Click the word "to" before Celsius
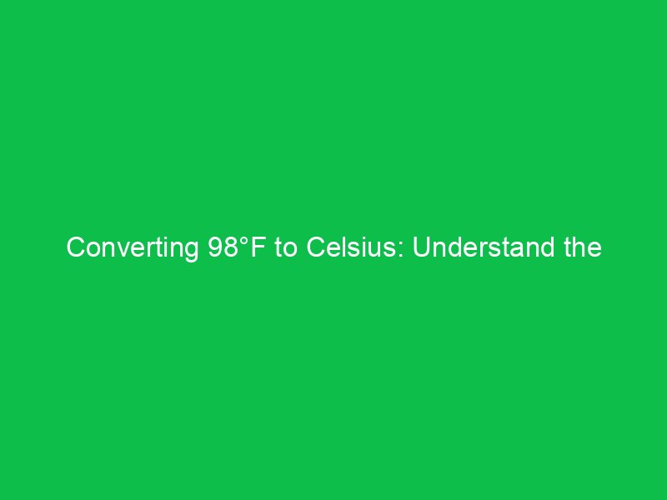click(x=283, y=248)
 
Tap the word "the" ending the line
click(x=583, y=248)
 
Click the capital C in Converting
click(x=75, y=248)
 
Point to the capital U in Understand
click(x=420, y=248)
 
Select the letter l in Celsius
click(x=346, y=248)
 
